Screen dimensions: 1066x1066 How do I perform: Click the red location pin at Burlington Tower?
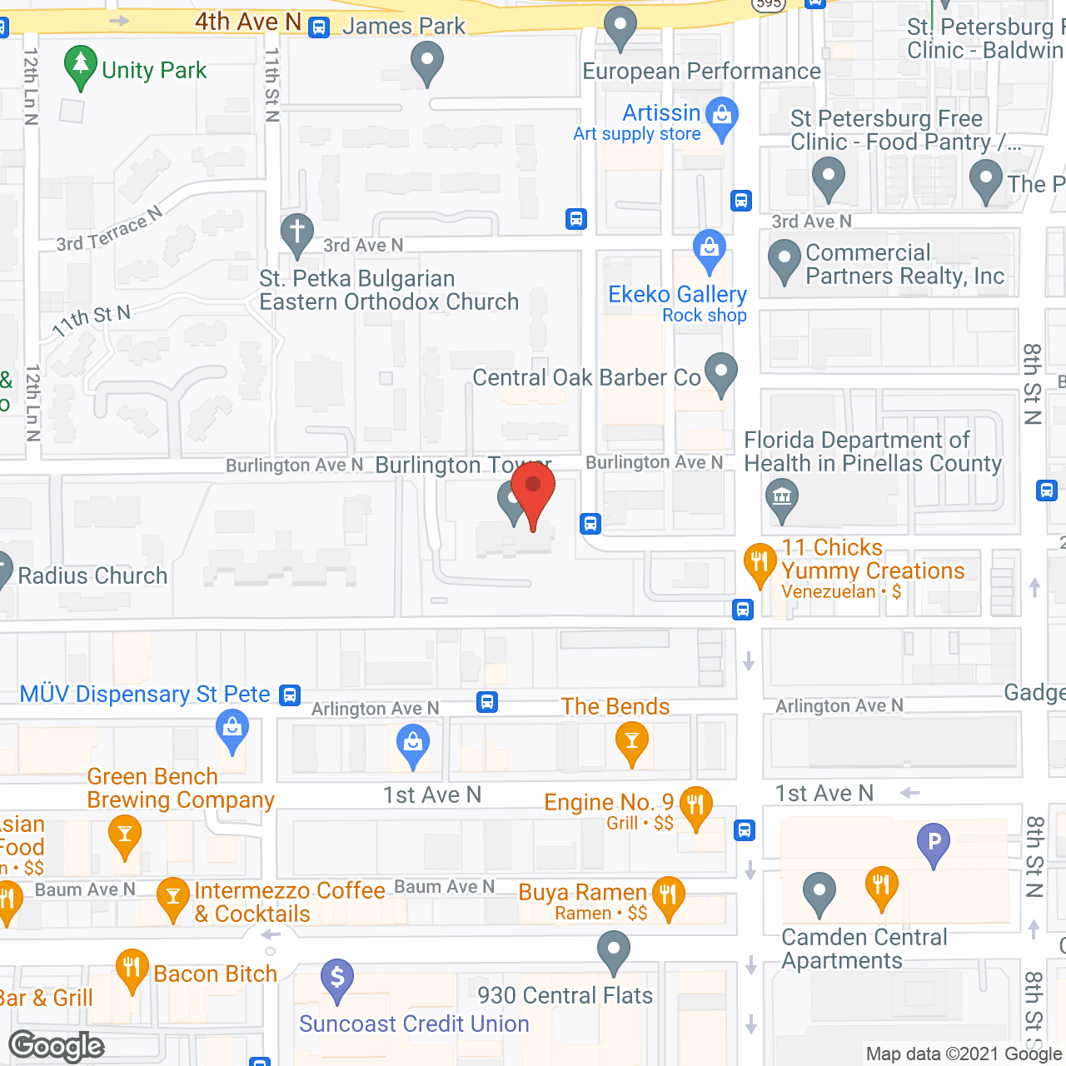[x=533, y=487]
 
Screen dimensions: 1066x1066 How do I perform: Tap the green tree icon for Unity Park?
[x=80, y=65]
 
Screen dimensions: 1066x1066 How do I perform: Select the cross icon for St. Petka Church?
[x=297, y=233]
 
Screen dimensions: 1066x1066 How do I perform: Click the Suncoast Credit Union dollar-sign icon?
[x=337, y=978]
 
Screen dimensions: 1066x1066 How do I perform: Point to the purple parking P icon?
[x=934, y=843]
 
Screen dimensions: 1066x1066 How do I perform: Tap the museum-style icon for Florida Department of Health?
[x=781, y=499]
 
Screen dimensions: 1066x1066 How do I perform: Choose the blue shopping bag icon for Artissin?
[x=722, y=117]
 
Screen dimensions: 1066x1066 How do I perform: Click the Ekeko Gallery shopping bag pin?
[x=710, y=248]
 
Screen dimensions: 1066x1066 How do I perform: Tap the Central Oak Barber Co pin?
[x=721, y=372]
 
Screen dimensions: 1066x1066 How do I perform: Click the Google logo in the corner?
[x=57, y=1046]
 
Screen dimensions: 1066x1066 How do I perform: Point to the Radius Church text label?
[x=92, y=575]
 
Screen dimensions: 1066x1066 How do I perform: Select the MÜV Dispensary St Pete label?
[x=145, y=694]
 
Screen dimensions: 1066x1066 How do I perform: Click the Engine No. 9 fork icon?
[x=696, y=805]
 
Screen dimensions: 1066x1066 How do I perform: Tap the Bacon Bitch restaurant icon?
[x=132, y=969]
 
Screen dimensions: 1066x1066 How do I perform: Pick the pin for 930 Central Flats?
[x=614, y=950]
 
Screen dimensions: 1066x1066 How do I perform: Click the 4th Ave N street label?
[x=247, y=22]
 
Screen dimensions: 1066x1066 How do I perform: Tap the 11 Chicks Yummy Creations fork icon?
[x=760, y=562]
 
